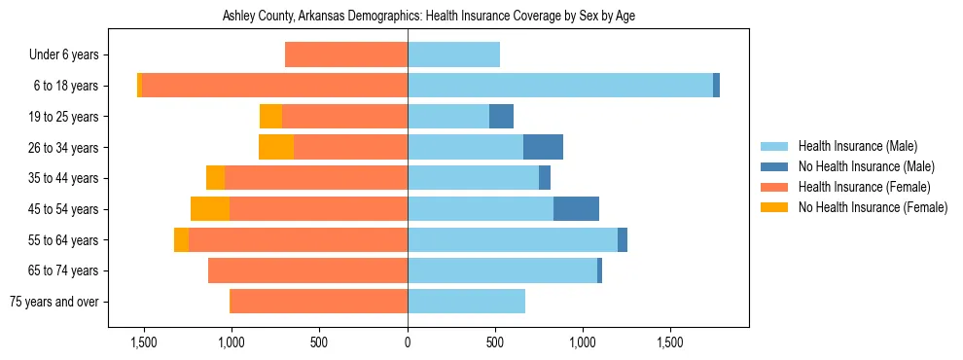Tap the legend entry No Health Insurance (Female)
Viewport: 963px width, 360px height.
click(x=871, y=207)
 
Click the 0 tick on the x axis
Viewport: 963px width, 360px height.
click(x=408, y=343)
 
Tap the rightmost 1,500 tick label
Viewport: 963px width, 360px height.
click(x=671, y=343)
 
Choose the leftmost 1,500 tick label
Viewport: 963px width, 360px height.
click(x=143, y=343)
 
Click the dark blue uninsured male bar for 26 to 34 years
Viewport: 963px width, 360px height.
click(x=543, y=147)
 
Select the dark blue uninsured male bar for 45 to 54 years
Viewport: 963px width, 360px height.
click(x=576, y=209)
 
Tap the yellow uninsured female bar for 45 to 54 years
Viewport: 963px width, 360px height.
click(x=210, y=209)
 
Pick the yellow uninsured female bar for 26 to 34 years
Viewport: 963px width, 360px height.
click(x=276, y=147)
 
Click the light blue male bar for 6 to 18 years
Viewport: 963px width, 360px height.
click(x=560, y=86)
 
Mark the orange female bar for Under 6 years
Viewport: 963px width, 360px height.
click(x=346, y=55)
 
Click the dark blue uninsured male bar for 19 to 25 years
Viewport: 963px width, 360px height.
click(x=501, y=117)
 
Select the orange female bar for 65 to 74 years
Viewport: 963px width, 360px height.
click(x=307, y=270)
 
